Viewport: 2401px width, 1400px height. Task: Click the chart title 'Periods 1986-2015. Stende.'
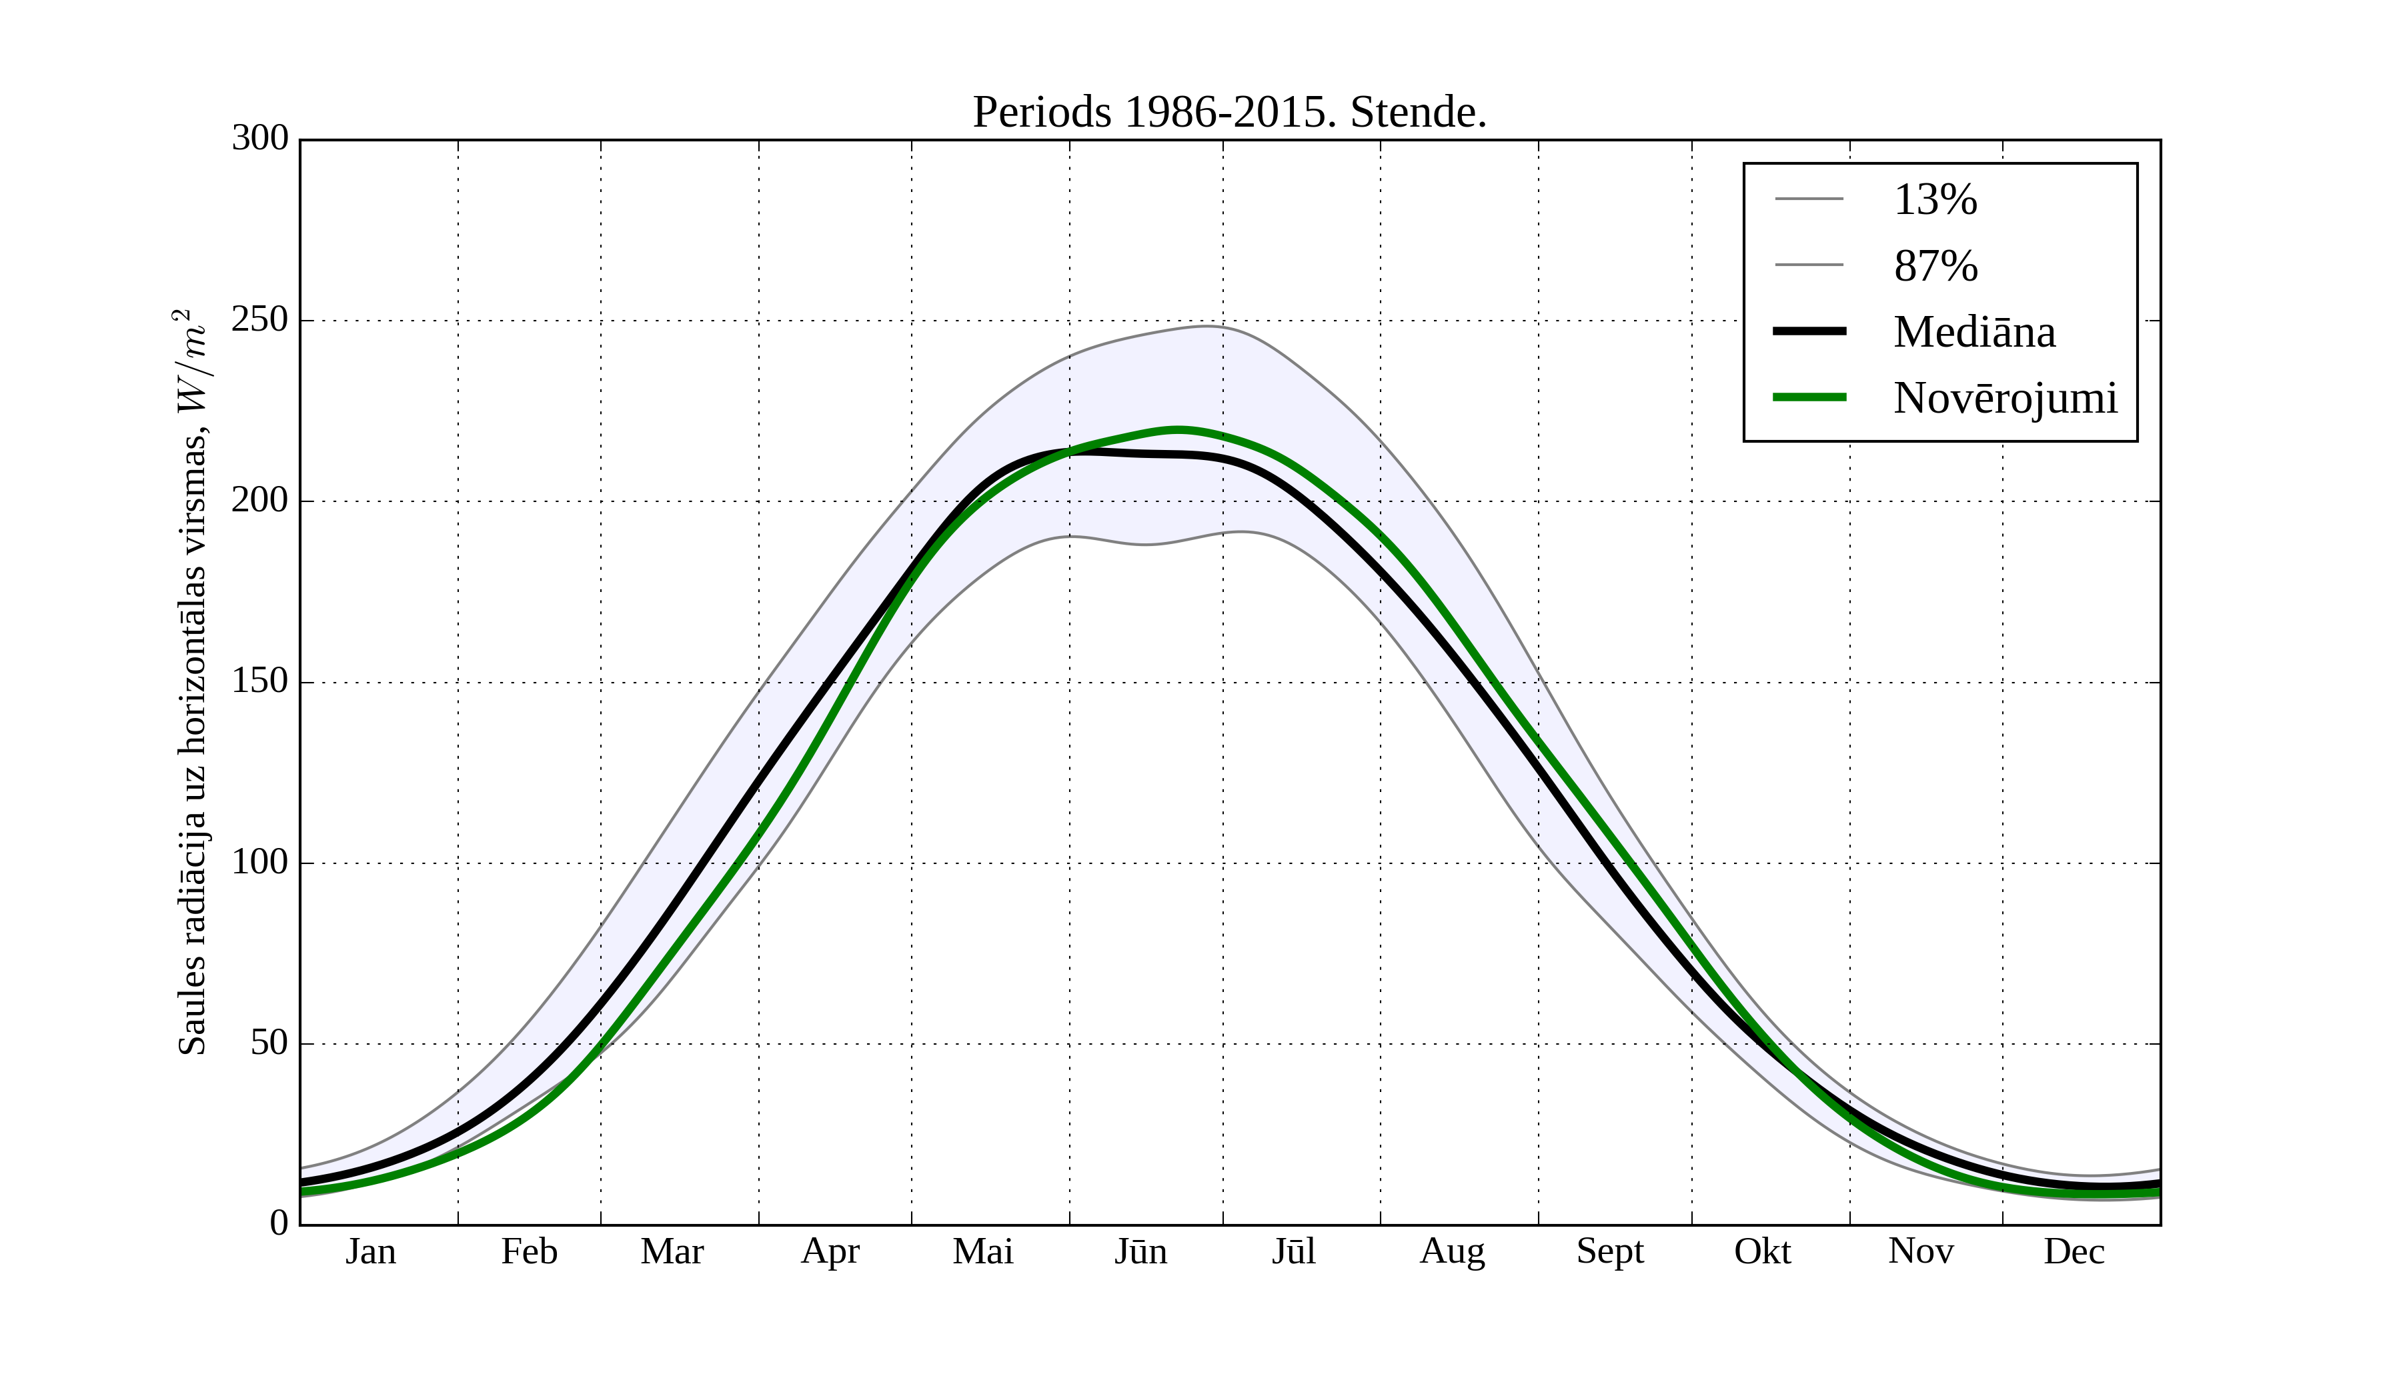click(x=1229, y=113)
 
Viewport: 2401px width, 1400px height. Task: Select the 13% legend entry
click(x=1935, y=200)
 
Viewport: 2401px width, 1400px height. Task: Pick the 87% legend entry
click(x=1935, y=266)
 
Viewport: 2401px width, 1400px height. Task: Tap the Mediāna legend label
click(x=1974, y=331)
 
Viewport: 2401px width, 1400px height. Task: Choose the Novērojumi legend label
click(x=2005, y=397)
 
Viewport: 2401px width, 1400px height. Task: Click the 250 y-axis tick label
click(x=259, y=320)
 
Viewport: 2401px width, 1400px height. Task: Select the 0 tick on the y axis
click(x=279, y=1223)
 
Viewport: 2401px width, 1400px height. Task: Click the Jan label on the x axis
click(x=371, y=1251)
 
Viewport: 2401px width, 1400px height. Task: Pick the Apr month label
click(x=830, y=1251)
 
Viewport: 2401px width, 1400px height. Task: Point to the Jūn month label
click(x=1140, y=1251)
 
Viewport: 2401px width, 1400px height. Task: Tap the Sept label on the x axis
click(x=1609, y=1251)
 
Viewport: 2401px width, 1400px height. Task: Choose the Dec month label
click(x=2074, y=1251)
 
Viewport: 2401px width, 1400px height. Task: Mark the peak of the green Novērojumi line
click(x=1178, y=429)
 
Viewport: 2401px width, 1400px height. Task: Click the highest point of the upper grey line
click(x=1208, y=326)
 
